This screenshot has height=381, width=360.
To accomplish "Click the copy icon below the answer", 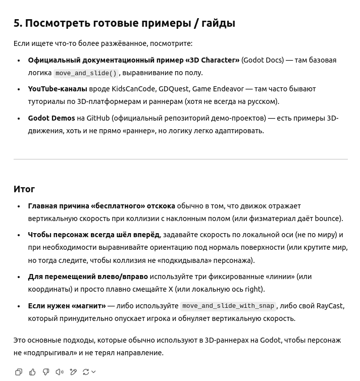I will click(19, 372).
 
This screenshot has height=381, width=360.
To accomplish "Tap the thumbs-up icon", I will click(32, 372).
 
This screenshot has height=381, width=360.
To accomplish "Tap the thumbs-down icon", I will click(46, 372).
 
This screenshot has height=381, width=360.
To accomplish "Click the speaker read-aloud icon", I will click(60, 372).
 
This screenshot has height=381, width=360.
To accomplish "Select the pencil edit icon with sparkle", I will click(73, 372).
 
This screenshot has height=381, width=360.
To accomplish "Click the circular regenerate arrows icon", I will click(86, 372).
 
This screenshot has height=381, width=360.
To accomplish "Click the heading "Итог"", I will click(24, 189).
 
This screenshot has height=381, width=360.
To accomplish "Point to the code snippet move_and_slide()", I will click(86, 73).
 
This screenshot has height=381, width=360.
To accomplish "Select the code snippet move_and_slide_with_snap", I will click(228, 306).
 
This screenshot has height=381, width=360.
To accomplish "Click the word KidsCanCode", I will click(133, 89).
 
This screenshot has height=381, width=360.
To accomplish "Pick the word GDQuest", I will click(173, 89).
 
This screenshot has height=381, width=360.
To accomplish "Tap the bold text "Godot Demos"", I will click(51, 118).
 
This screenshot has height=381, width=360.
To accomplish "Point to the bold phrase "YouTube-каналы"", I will click(57, 89).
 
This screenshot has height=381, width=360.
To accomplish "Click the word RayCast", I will click(329, 306).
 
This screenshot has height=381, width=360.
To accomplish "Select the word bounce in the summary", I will click(327, 219).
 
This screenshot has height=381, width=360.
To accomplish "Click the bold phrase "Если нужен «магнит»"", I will click(67, 306).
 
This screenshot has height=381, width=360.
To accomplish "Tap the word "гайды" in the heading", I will click(218, 23).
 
